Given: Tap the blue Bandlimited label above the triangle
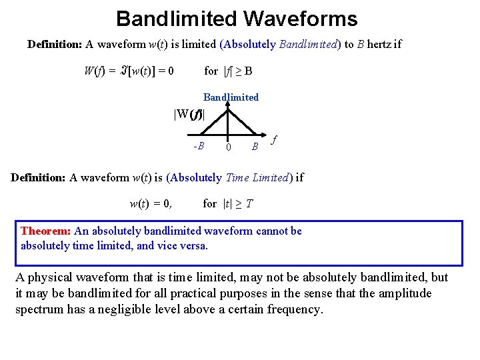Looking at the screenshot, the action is [x=231, y=97].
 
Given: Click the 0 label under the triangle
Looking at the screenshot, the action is [x=228, y=147].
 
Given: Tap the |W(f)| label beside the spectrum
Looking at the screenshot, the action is [x=189, y=115].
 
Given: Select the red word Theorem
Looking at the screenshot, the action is [x=46, y=231].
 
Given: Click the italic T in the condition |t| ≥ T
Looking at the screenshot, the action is [x=249, y=204].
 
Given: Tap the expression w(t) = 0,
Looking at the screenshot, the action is [x=150, y=204].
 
